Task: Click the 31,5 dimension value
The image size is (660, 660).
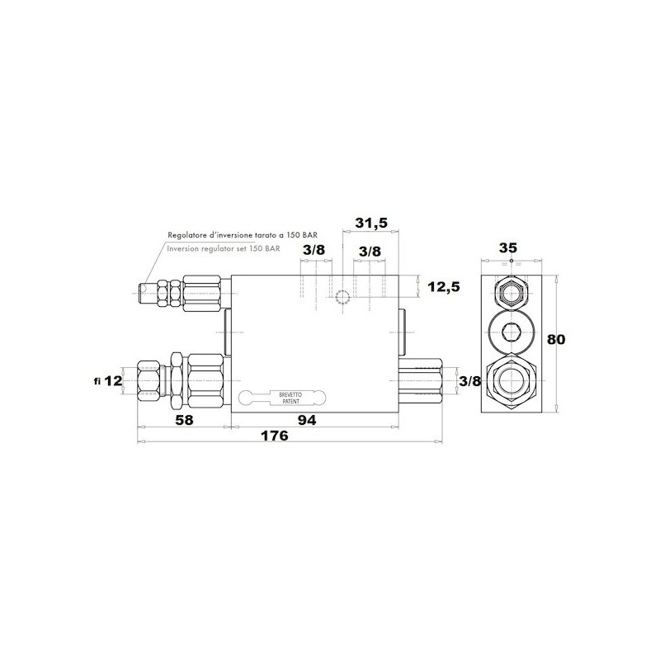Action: tap(370, 223)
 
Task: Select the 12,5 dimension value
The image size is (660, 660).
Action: tap(444, 287)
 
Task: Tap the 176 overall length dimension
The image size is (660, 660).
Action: tap(275, 436)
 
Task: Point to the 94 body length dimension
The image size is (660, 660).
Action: tap(307, 420)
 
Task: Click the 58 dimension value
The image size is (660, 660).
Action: tap(184, 420)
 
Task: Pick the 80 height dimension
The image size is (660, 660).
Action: tap(555, 339)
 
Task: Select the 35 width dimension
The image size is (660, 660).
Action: tap(508, 248)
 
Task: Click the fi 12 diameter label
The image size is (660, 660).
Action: tap(108, 381)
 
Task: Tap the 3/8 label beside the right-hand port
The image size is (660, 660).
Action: tap(469, 381)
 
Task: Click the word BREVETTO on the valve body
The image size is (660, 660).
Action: tap(290, 395)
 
